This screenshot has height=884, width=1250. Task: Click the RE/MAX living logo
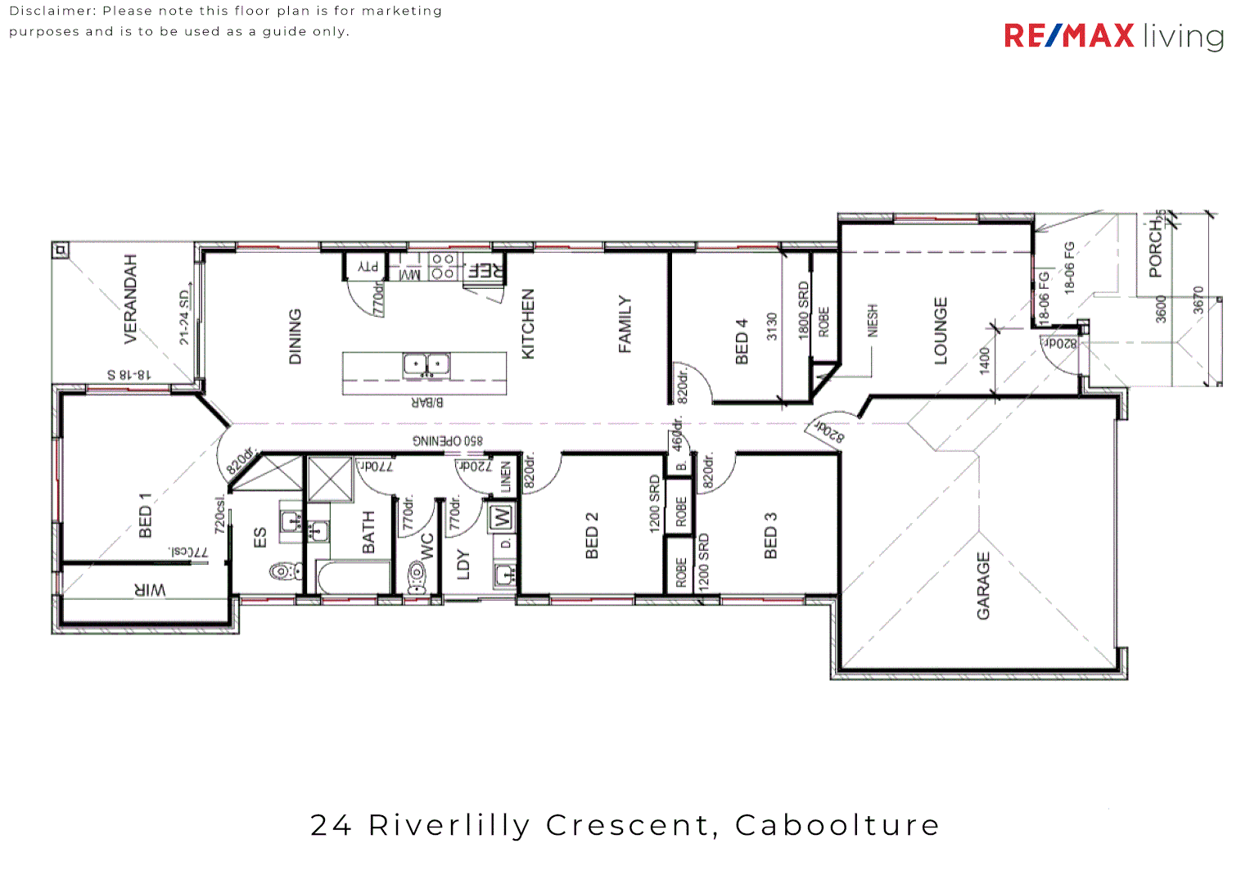click(x=1113, y=36)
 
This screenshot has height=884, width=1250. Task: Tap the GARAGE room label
click(x=983, y=585)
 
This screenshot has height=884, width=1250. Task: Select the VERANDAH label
click(x=130, y=299)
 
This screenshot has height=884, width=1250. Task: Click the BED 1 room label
click(x=146, y=515)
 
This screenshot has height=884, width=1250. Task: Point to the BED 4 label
click(x=742, y=341)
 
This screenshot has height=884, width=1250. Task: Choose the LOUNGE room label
click(x=941, y=331)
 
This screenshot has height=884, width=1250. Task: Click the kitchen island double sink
click(x=426, y=365)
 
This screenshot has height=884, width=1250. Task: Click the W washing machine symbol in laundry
click(x=500, y=517)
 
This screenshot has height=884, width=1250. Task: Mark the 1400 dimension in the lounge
click(x=985, y=360)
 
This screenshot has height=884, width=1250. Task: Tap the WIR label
click(x=150, y=589)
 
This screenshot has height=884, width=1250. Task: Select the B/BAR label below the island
click(x=426, y=402)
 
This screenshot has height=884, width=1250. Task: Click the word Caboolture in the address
click(x=837, y=825)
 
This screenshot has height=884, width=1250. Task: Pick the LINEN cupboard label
click(x=506, y=476)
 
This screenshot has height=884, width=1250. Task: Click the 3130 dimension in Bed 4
click(x=772, y=327)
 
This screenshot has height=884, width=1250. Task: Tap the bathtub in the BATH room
click(x=352, y=578)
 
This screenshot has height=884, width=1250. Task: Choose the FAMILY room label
click(x=625, y=324)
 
